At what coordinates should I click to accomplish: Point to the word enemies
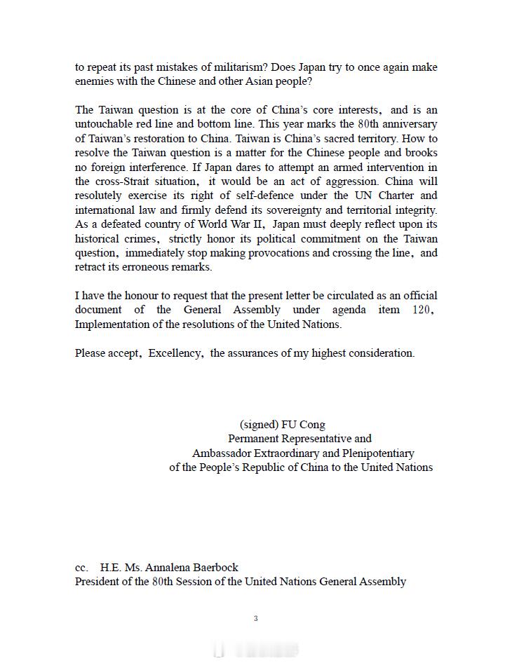pos(95,81)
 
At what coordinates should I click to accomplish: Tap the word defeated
pos(114,224)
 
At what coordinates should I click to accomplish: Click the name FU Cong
pos(303,425)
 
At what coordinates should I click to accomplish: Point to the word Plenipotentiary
pos(375,453)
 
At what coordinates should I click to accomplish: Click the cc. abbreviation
pos(82,568)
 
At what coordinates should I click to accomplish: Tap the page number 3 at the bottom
pos(256,618)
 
